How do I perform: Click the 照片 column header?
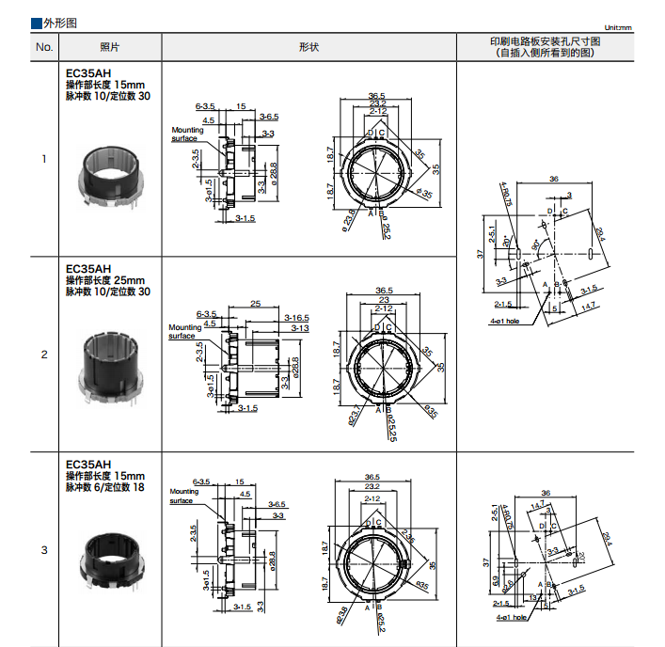[110, 48]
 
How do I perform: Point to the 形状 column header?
[309, 48]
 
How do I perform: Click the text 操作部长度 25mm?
[105, 280]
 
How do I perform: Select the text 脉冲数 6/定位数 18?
[106, 487]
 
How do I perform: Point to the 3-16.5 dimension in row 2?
[297, 317]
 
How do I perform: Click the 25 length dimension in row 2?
[255, 304]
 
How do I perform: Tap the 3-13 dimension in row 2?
[300, 328]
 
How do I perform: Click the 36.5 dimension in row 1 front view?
[377, 96]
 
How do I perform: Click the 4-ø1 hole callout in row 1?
[505, 320]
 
